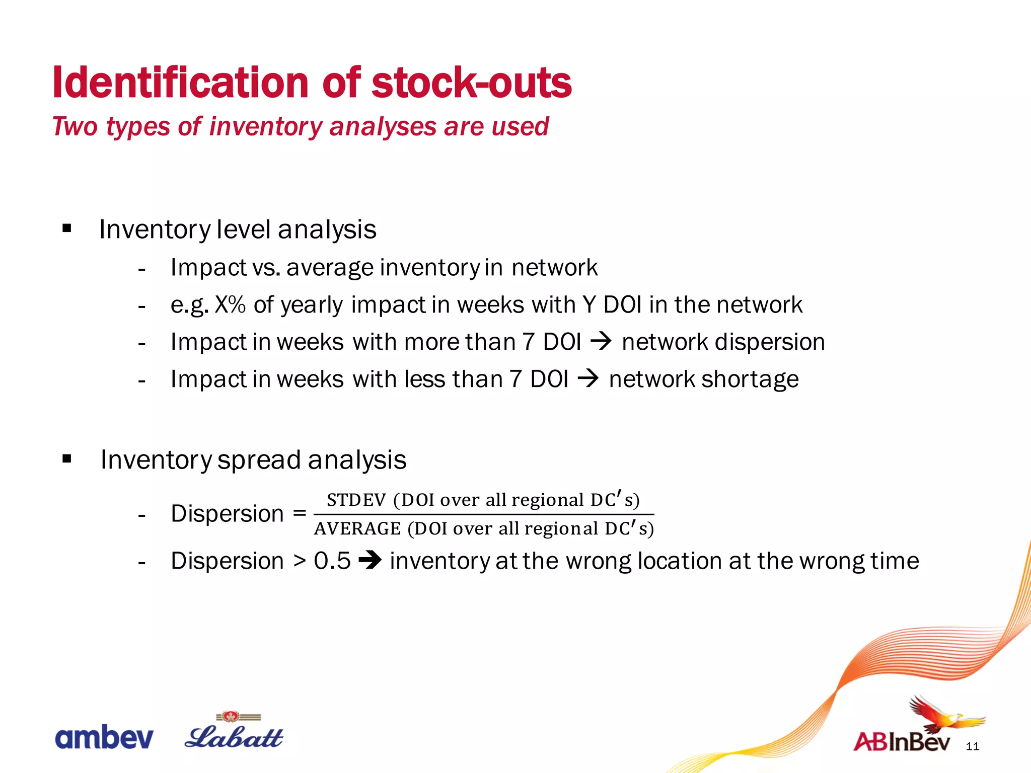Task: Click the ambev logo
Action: [104, 738]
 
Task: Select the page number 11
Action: [973, 747]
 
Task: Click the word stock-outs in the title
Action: [471, 83]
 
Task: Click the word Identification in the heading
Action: [180, 83]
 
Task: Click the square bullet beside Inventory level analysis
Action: [67, 229]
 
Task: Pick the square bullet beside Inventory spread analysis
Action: [67, 459]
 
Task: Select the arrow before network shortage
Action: [587, 379]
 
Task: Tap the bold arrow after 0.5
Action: [370, 561]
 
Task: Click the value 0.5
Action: [332, 561]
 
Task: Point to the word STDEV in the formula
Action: [356, 500]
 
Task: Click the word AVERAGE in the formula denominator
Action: [357, 529]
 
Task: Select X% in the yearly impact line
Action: [230, 305]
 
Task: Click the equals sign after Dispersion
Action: [300, 513]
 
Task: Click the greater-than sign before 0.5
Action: [300, 561]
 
